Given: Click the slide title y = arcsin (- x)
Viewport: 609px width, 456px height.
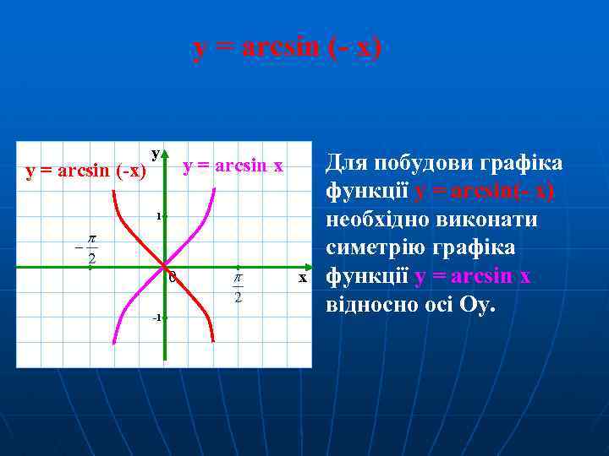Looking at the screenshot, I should coord(288,48).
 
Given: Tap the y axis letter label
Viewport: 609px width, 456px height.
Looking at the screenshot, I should coord(155,153).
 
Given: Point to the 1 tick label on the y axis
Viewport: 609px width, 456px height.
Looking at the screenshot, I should coord(157,216).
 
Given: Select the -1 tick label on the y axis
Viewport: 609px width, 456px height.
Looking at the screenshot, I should coord(156,318).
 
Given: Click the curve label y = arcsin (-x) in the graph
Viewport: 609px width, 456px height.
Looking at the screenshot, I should coord(86,171).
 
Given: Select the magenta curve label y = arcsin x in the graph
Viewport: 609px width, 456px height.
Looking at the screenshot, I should coord(233,166).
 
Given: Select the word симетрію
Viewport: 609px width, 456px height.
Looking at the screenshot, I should coord(378,249).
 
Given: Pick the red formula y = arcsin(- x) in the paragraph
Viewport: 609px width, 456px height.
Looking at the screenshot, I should coord(484,192).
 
